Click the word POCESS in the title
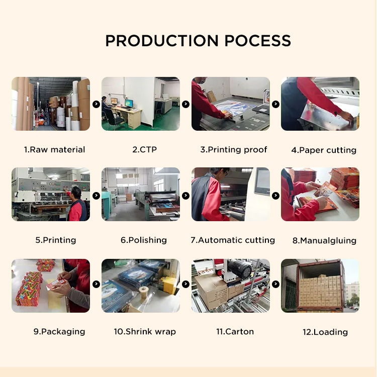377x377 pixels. click(x=257, y=41)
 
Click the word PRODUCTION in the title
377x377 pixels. click(x=162, y=41)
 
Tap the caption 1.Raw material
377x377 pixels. click(x=55, y=150)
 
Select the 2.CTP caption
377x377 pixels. click(x=144, y=150)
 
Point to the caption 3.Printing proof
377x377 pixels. click(x=234, y=150)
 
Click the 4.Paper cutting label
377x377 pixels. click(x=324, y=150)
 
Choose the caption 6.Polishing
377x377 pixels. click(x=144, y=240)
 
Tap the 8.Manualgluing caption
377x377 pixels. click(x=324, y=241)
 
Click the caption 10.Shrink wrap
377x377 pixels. click(x=145, y=332)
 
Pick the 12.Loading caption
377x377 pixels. click(x=325, y=332)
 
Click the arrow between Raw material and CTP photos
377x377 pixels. click(x=96, y=104)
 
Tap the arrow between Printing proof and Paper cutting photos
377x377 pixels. click(x=275, y=104)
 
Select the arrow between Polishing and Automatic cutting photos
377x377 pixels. click(x=185, y=196)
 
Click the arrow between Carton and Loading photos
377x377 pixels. click(x=275, y=284)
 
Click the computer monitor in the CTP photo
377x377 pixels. click(x=129, y=104)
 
